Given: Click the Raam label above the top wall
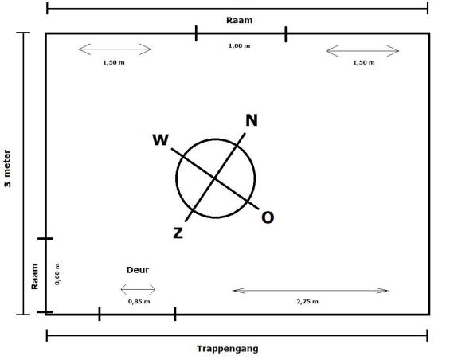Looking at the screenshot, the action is tap(240, 20).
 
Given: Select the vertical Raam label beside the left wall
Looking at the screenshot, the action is tap(35, 276).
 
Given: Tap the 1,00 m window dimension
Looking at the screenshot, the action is tap(240, 45).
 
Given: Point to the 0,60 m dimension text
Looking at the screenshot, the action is tap(57, 274).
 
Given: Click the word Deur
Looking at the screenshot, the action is tap(138, 270).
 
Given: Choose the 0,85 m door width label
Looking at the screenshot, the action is tap(139, 301).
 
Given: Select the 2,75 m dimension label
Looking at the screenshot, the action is tap(307, 301).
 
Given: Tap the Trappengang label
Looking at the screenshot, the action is tap(228, 349).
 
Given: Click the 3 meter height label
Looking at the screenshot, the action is tap(7, 169).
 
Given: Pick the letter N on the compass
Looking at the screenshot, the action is tap(252, 120).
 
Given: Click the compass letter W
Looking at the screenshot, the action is tap(161, 140).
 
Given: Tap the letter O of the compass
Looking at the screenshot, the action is tap(268, 217).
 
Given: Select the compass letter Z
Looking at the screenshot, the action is tap(178, 233).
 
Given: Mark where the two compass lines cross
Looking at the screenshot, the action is tap(215, 178).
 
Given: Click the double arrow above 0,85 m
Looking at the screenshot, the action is tap(138, 289).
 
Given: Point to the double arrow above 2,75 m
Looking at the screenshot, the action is tap(311, 291).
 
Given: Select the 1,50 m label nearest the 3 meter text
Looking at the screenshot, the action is tap(114, 62).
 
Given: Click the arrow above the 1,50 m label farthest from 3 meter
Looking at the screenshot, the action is tap(362, 51).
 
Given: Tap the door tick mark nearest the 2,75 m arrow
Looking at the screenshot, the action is tap(175, 314).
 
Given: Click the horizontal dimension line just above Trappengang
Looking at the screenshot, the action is tap(237, 335).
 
